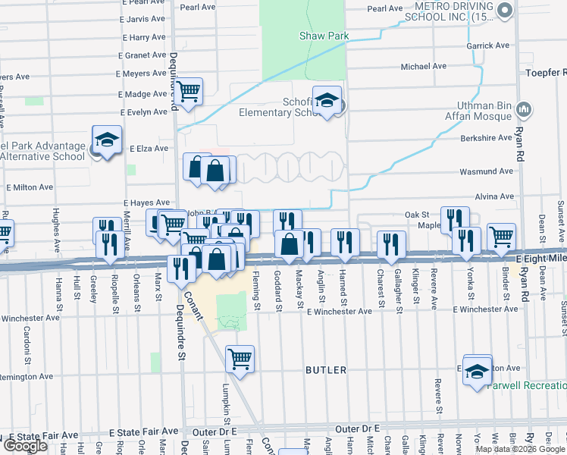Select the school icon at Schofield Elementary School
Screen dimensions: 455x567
(x=327, y=101)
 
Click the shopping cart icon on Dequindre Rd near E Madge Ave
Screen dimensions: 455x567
(x=189, y=91)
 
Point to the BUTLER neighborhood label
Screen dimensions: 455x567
(x=326, y=370)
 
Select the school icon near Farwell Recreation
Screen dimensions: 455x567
(x=478, y=371)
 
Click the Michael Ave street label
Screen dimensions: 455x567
(x=424, y=67)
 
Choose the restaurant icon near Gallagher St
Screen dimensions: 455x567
(x=391, y=243)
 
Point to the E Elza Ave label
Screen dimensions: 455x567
(x=149, y=149)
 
